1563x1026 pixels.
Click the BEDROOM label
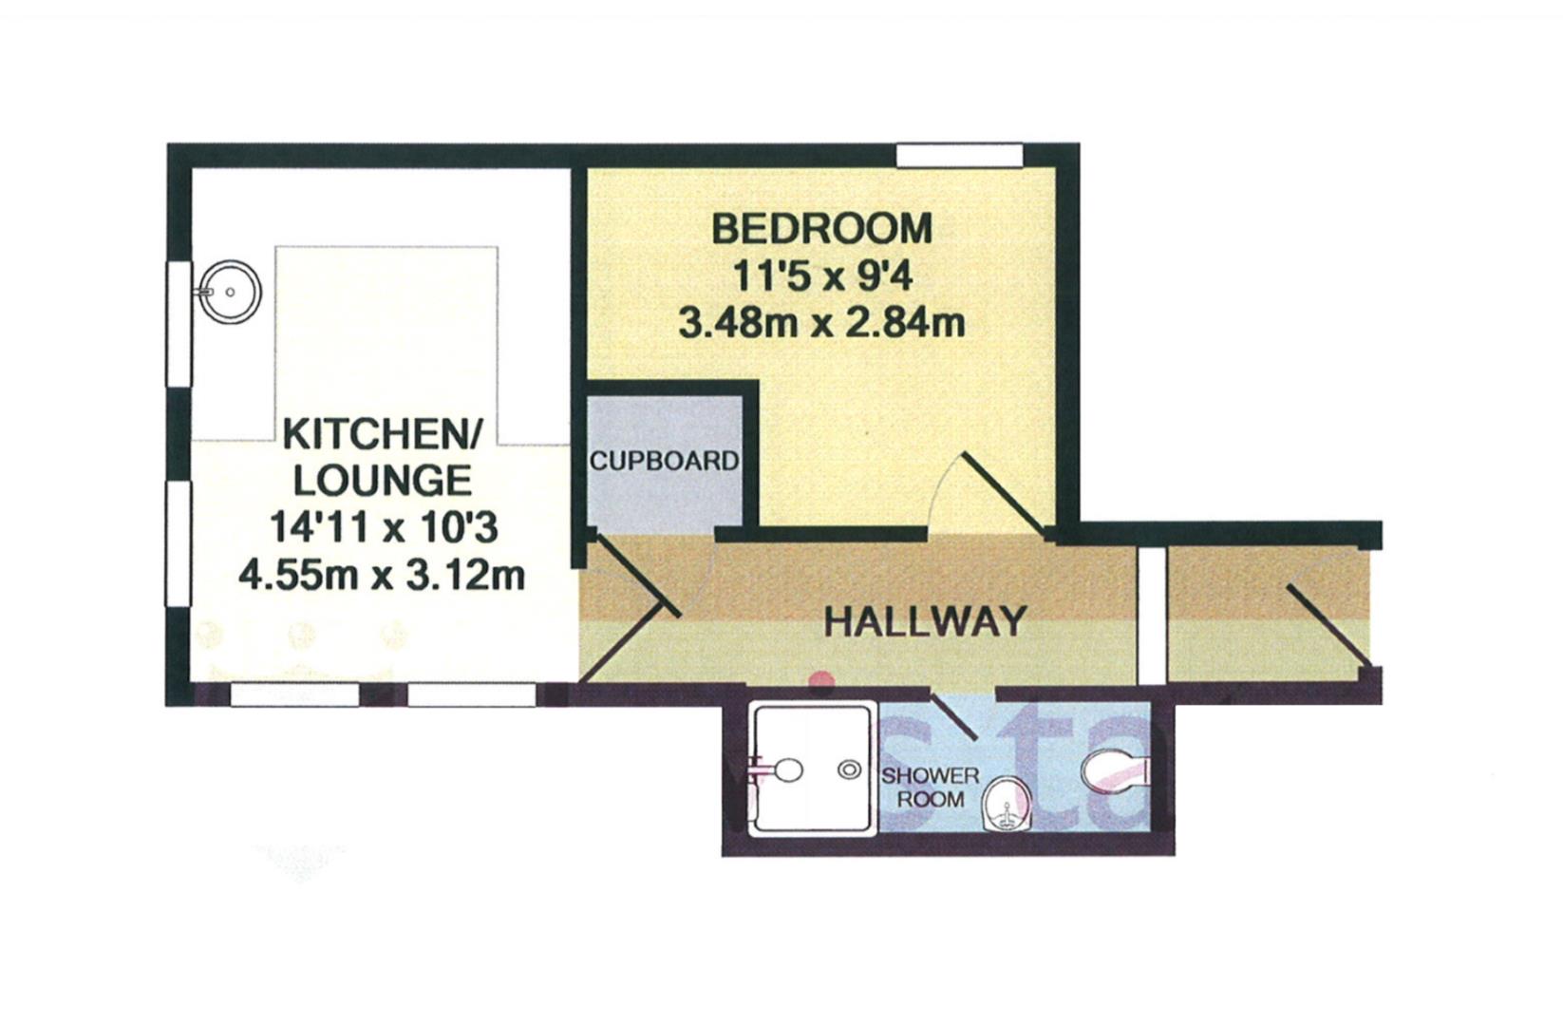click(x=822, y=229)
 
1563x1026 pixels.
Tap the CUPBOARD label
click(x=664, y=461)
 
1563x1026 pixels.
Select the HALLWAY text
click(x=925, y=621)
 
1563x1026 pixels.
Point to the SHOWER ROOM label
click(x=930, y=788)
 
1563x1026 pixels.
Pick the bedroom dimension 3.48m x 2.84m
click(x=822, y=323)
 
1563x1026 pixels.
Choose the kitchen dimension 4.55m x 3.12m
click(x=382, y=575)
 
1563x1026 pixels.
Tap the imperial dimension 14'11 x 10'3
click(x=383, y=527)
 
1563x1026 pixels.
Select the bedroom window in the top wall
click(x=959, y=155)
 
